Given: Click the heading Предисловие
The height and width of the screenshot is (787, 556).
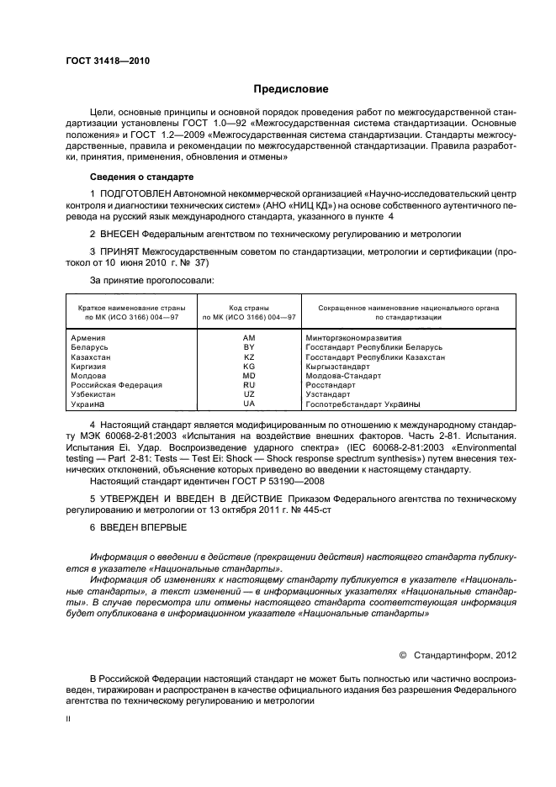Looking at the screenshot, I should click(x=291, y=89).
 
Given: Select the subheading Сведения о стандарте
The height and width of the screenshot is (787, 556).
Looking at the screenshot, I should click(x=141, y=177).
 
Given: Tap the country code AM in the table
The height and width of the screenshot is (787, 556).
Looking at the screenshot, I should click(x=248, y=337).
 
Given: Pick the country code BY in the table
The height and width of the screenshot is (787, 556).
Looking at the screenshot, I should click(x=248, y=347).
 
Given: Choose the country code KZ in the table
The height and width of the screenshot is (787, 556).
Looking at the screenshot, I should click(x=248, y=357).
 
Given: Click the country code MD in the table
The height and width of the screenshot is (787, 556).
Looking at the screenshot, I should click(x=248, y=376).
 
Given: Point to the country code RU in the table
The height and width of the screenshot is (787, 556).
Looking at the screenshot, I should click(x=248, y=385).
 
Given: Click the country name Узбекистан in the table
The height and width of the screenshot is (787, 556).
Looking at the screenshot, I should click(x=97, y=394).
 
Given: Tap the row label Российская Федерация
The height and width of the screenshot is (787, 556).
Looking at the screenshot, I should click(x=117, y=385).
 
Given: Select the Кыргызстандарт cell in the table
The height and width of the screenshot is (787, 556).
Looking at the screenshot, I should click(x=337, y=367).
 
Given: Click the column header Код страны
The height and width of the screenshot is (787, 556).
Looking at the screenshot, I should click(x=248, y=308).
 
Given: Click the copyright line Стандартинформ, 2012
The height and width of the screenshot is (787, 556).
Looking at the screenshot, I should click(x=469, y=653).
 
